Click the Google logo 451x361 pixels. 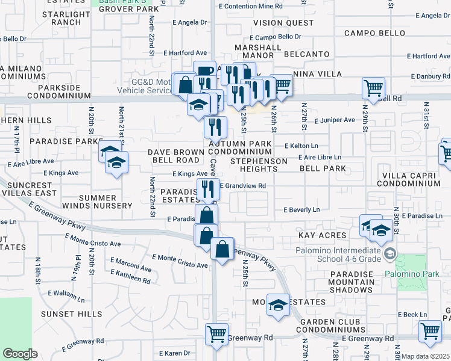pyautogui.click(x=20, y=354)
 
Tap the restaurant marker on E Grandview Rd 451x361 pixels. pyautogui.click(x=207, y=188)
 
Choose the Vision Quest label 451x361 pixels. pyautogui.click(x=274, y=23)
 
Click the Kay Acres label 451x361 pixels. pyautogui.click(x=321, y=235)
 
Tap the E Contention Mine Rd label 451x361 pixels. pyautogui.click(x=251, y=5)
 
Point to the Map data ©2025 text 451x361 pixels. pyautogui.click(x=426, y=356)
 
